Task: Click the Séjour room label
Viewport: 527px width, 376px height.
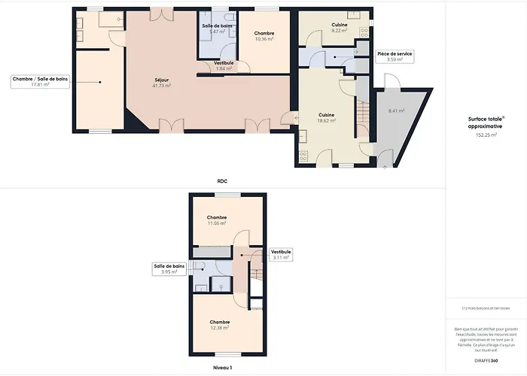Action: [x=162, y=80]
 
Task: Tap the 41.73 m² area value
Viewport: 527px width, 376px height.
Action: [x=162, y=86]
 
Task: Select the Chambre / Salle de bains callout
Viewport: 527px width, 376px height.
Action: [x=41, y=81]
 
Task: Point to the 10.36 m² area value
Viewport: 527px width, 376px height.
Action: [x=263, y=38]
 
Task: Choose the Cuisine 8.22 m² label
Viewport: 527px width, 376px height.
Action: [x=339, y=29]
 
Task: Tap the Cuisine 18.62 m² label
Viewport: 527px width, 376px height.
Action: [x=326, y=117]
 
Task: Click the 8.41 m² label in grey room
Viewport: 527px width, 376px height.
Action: [x=396, y=111]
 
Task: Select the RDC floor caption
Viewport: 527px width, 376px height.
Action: [x=222, y=180]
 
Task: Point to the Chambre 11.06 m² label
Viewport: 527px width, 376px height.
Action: [x=217, y=220]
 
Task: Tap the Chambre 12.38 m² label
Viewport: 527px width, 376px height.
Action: [x=219, y=325]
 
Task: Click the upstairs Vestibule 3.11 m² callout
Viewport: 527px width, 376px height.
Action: [x=281, y=254]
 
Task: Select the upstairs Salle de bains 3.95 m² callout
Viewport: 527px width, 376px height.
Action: [x=169, y=269]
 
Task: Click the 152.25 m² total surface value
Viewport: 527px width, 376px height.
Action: [x=486, y=135]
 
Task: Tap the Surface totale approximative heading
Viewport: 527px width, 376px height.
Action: [x=486, y=123]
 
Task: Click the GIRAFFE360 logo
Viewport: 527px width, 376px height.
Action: [x=486, y=360]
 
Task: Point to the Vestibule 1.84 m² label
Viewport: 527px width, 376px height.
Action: [x=224, y=65]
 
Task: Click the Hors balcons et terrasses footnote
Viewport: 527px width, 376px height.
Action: [x=486, y=308]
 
